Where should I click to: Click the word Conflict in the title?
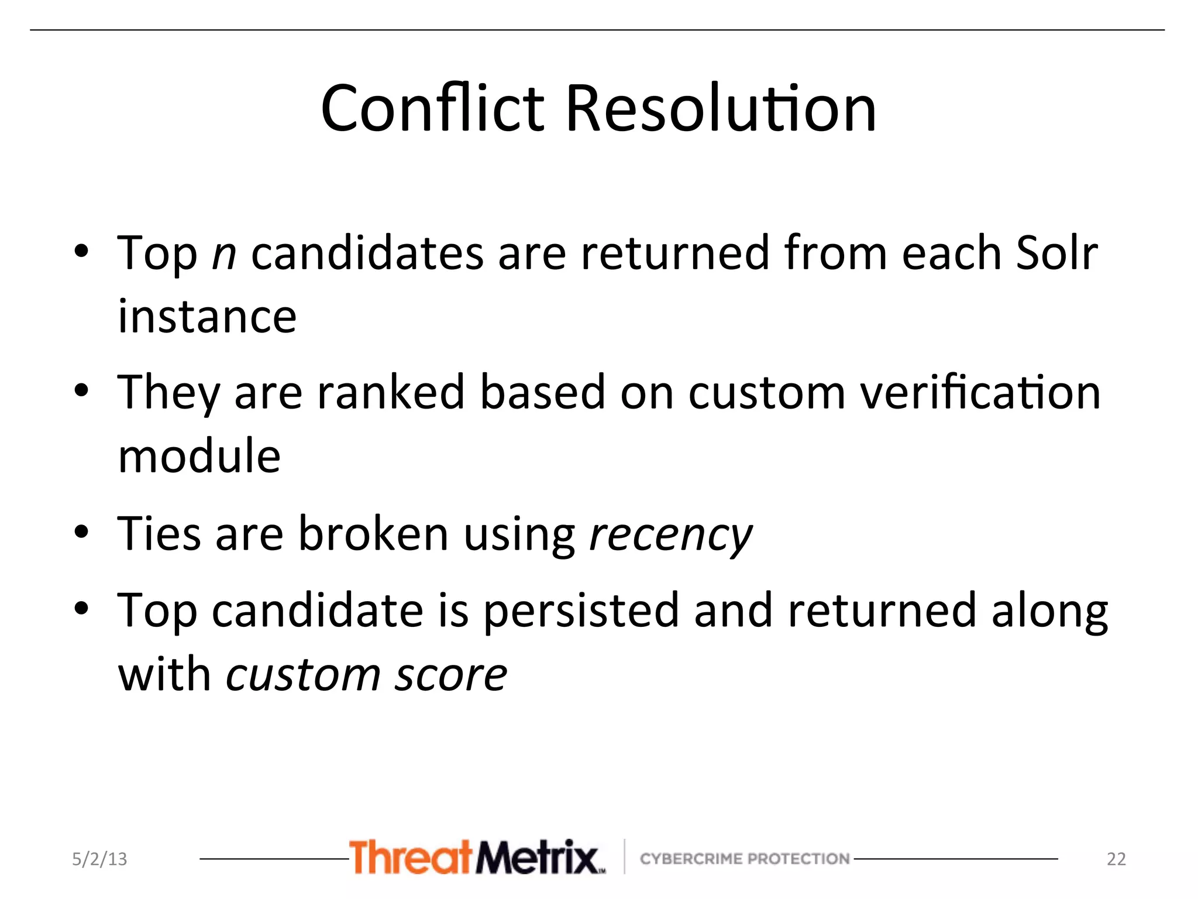tap(433, 109)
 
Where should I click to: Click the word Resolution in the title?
tap(721, 109)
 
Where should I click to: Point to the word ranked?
tap(390, 392)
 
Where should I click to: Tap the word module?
tap(199, 457)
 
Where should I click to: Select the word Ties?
tap(159, 533)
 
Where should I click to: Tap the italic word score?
tap(450, 675)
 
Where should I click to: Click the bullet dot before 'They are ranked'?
tap(81, 390)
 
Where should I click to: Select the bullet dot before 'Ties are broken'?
tap(81, 531)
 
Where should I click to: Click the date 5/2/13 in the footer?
tap(99, 859)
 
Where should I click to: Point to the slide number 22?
tap(1116, 859)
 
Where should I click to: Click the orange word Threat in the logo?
tap(410, 857)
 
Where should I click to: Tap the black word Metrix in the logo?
tap(537, 857)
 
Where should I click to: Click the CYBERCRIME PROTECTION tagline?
tap(745, 859)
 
